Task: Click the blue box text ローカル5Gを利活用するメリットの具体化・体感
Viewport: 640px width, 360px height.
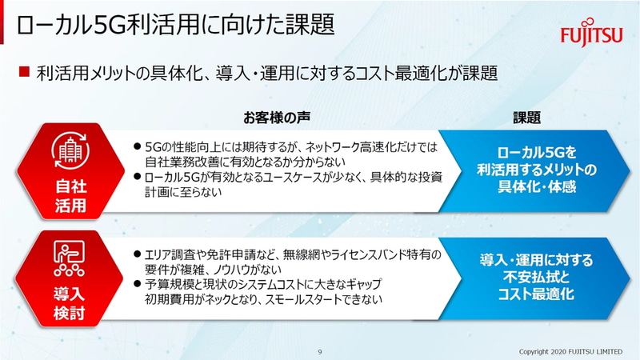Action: (x=536, y=169)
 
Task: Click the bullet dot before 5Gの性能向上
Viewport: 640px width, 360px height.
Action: (x=137, y=147)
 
